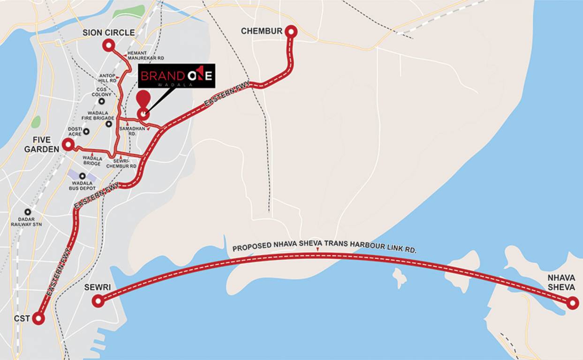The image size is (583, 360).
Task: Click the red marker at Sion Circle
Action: click(x=108, y=45)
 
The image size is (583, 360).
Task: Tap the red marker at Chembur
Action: click(x=291, y=31)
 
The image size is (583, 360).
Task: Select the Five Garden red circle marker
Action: click(x=68, y=144)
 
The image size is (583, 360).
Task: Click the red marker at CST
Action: click(x=38, y=319)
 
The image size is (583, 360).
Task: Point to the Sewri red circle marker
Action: click(x=98, y=301)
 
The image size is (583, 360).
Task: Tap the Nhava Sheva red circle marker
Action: click(x=572, y=303)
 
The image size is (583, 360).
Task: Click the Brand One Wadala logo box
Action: click(x=176, y=76)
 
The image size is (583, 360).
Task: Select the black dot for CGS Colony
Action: click(x=101, y=101)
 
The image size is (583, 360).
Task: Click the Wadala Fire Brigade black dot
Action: click(x=109, y=124)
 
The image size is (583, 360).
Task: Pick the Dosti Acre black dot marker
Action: click(x=86, y=132)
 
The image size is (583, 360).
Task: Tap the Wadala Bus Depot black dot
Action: click(x=83, y=176)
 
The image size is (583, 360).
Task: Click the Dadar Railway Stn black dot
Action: click(x=28, y=212)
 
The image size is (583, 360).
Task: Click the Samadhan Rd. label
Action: click(x=128, y=131)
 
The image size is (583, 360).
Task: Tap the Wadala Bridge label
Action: click(x=92, y=161)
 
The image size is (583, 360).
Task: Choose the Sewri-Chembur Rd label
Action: click(x=121, y=163)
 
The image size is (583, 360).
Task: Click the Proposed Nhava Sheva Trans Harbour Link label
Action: click(x=324, y=248)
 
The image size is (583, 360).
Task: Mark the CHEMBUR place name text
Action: click(x=262, y=31)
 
